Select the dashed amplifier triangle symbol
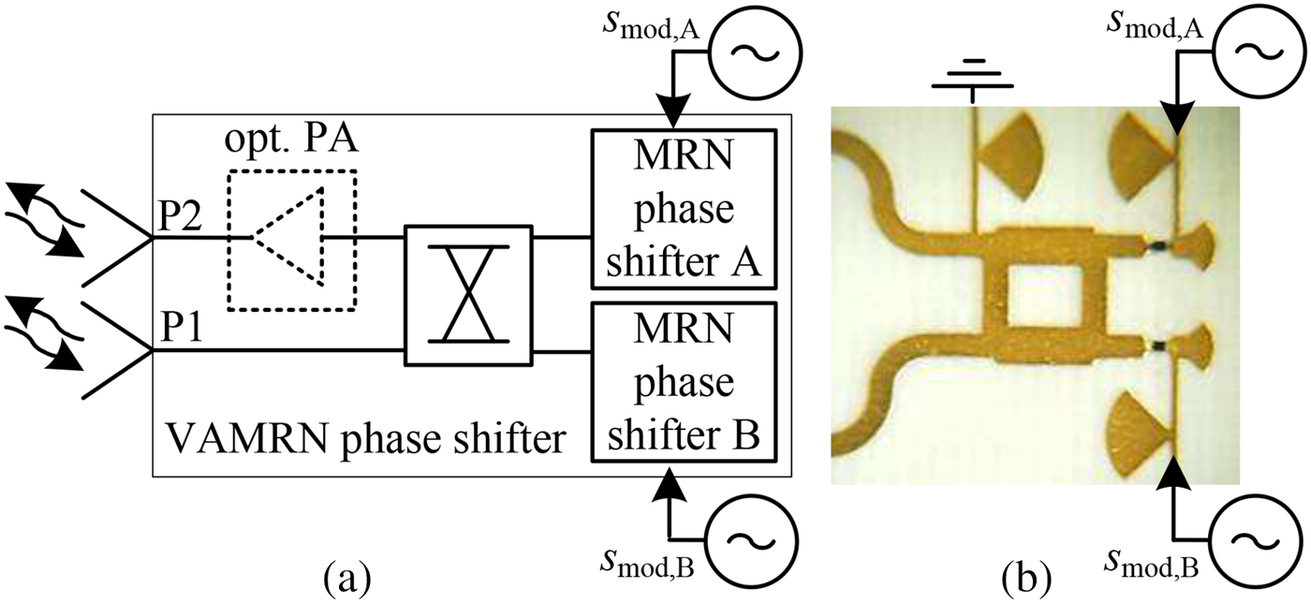[x=290, y=238]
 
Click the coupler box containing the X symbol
[x=467, y=295]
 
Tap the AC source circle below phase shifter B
[x=744, y=541]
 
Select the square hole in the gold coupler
[x=1042, y=296]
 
